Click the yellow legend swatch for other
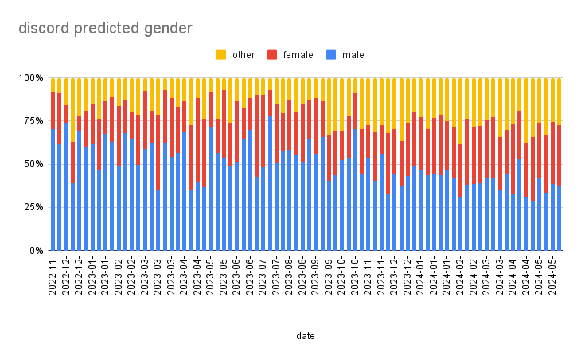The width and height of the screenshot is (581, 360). click(221, 55)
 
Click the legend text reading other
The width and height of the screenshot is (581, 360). click(244, 55)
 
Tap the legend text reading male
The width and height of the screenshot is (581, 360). click(353, 55)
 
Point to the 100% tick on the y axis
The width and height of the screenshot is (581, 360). click(32, 78)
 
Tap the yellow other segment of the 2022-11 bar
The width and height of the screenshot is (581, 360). click(53, 84)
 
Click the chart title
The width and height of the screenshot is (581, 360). click(106, 29)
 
